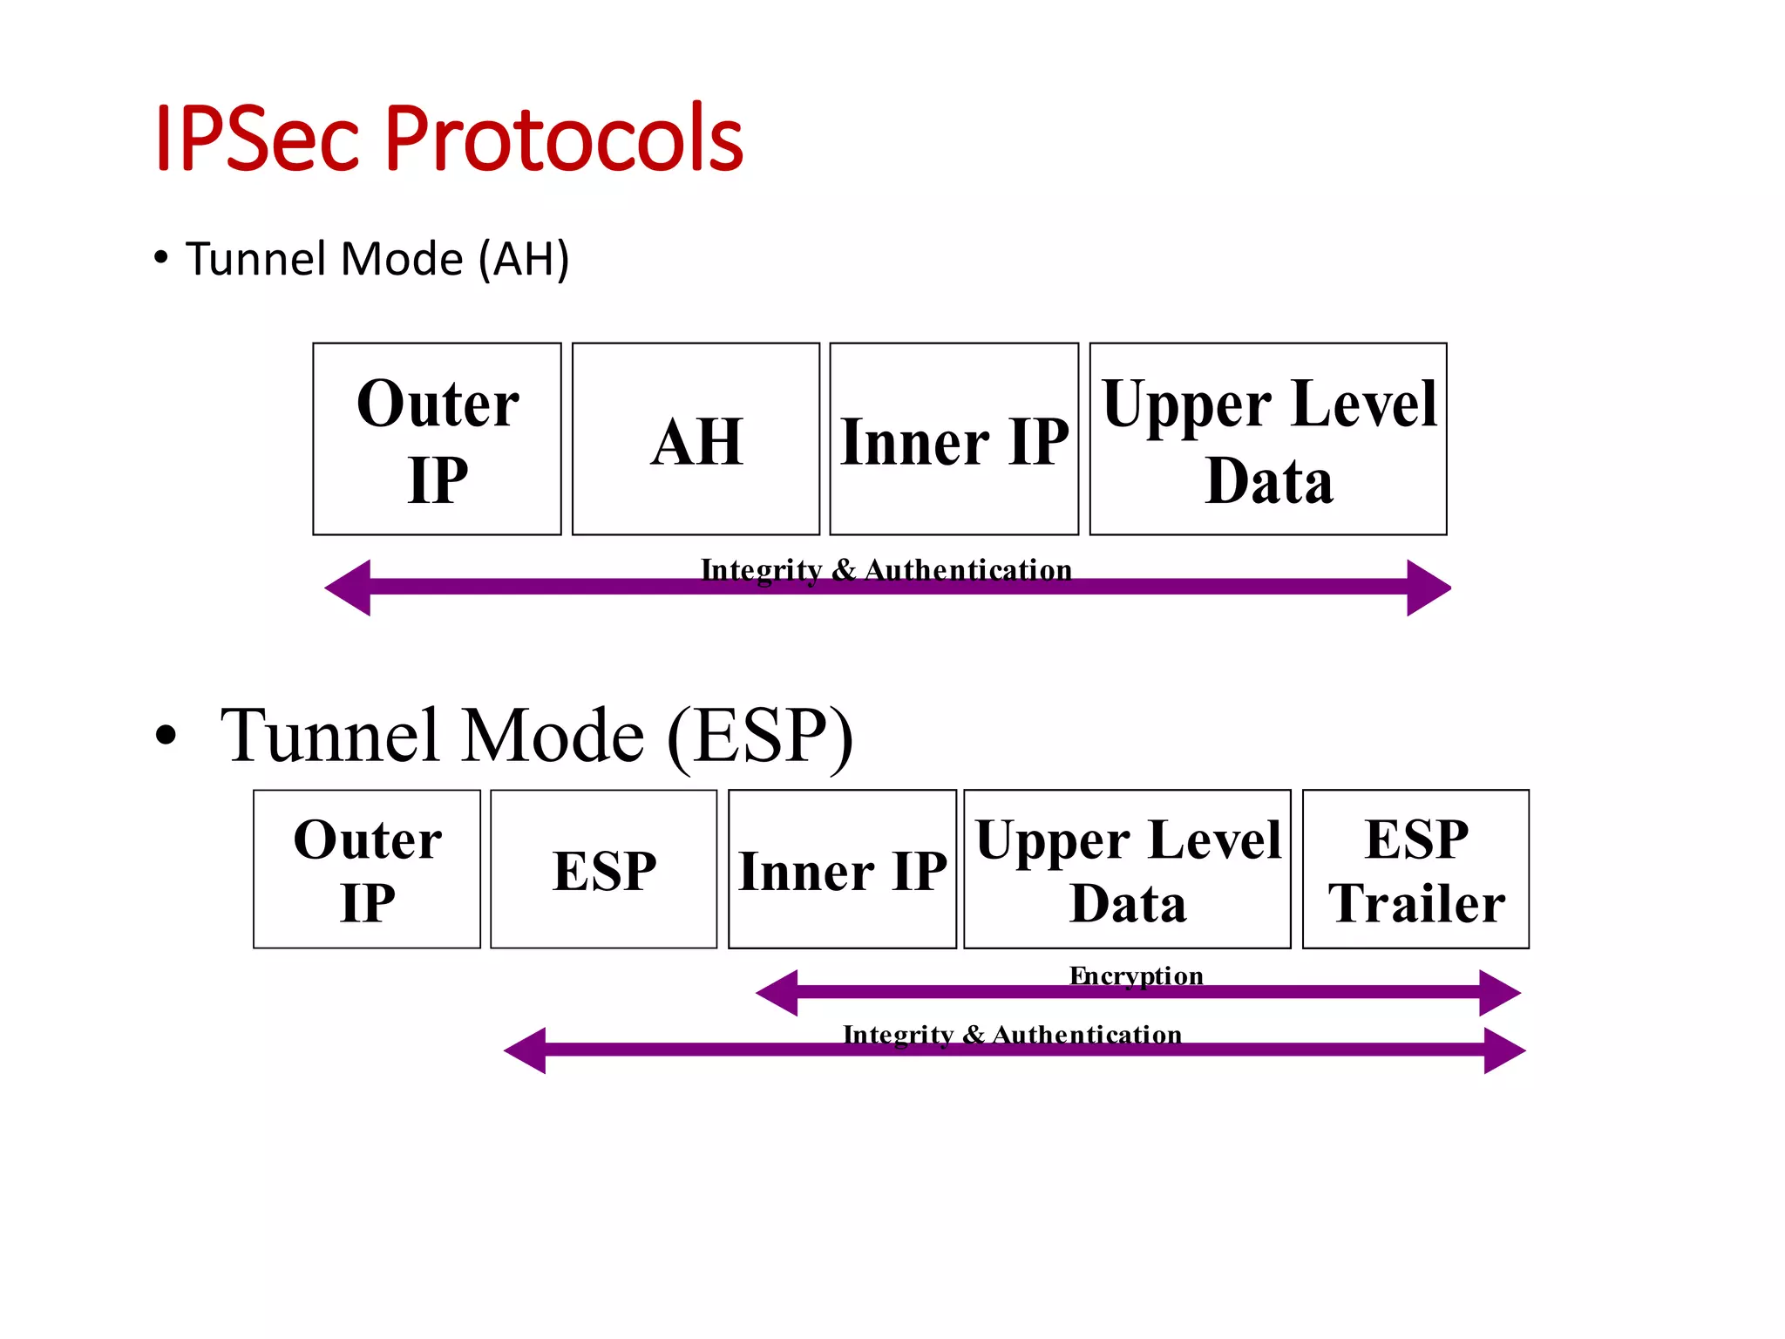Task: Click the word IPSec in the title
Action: [x=257, y=138]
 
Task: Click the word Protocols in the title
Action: [x=563, y=138]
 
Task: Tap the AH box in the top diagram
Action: [x=696, y=439]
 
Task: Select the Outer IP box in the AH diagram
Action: [x=437, y=439]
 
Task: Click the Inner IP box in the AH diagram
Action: [x=954, y=439]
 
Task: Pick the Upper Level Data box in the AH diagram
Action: [x=1268, y=439]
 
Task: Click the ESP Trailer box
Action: [x=1415, y=869]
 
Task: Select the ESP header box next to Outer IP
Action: [x=604, y=869]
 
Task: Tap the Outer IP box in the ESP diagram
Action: [x=367, y=869]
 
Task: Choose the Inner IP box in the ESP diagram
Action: [x=842, y=869]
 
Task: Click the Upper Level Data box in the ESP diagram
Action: [x=1127, y=869]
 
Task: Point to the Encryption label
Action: [x=1136, y=975]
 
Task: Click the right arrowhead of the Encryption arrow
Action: [x=1499, y=992]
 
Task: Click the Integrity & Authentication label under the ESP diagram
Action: [x=1012, y=1034]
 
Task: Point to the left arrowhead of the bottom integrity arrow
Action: [x=526, y=1050]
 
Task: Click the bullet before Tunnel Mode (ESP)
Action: [x=166, y=736]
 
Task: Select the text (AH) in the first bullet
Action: [x=524, y=259]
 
